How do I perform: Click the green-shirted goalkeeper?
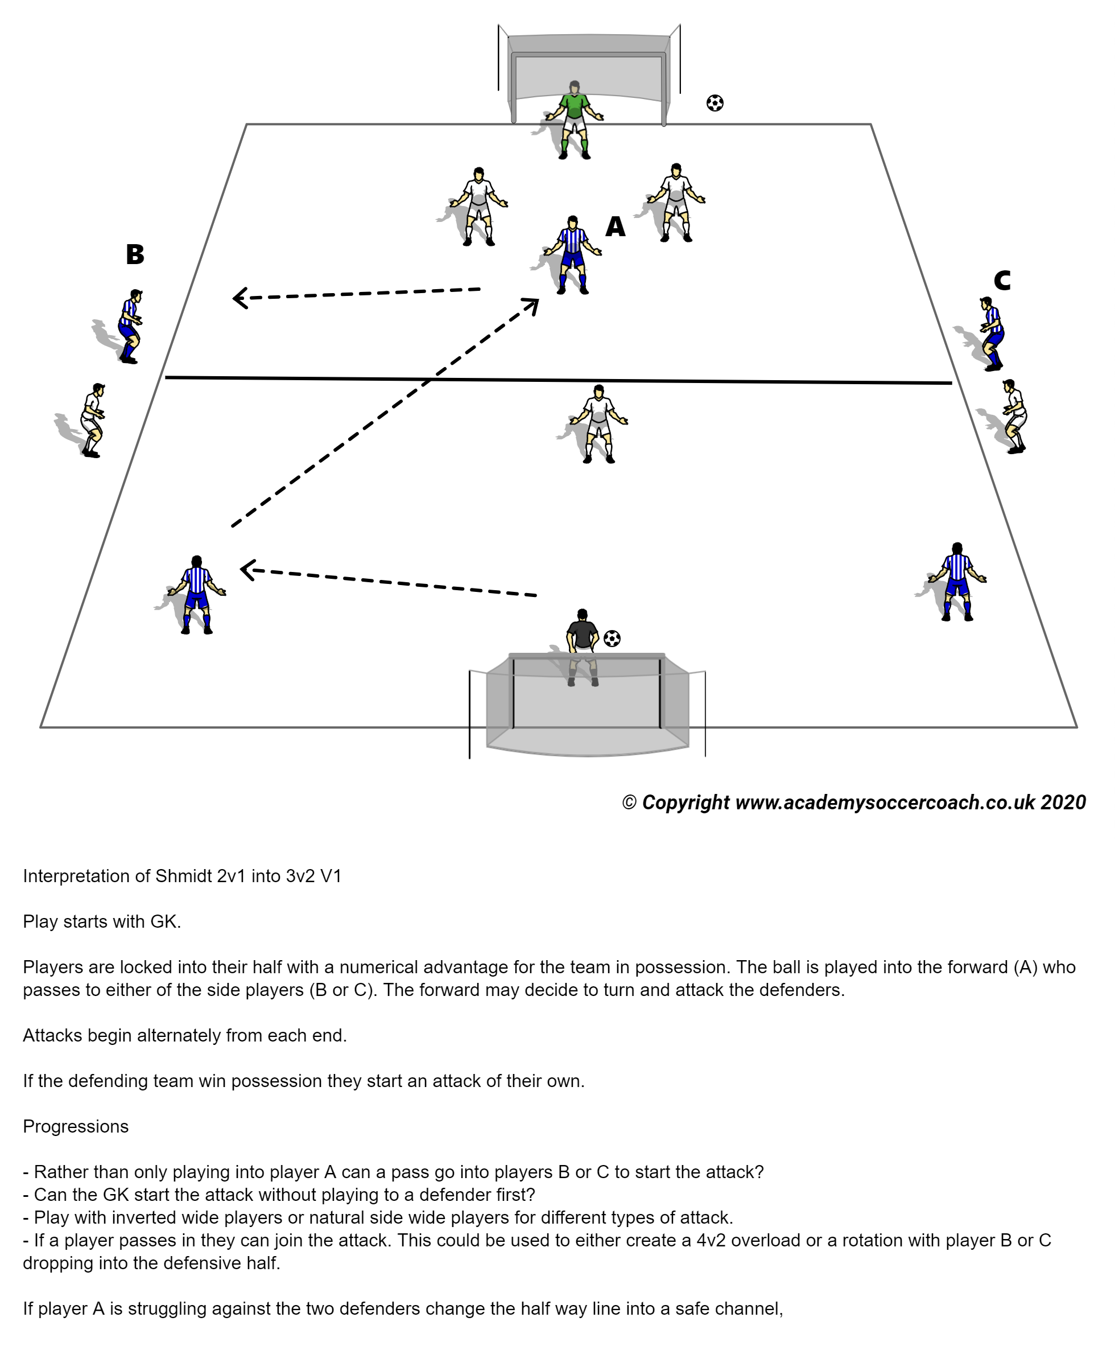(573, 118)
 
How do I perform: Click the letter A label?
(615, 227)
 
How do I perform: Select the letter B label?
(135, 254)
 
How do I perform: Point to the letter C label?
(1002, 281)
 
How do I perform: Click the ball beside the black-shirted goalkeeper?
(612, 639)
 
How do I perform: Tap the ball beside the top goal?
(715, 102)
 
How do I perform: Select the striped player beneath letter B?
(131, 326)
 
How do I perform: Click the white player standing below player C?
(1014, 415)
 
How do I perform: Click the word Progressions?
(76, 1126)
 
